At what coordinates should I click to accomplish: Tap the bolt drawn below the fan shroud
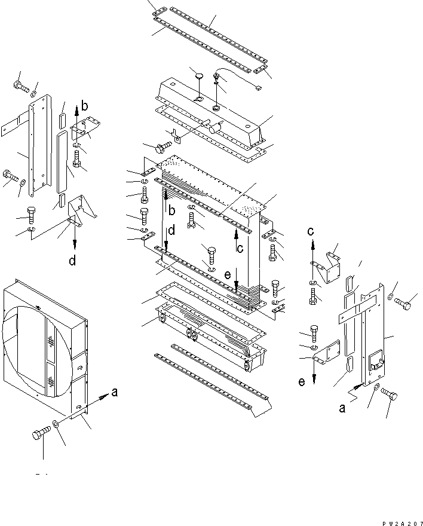[39, 435]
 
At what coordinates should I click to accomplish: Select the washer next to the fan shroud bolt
[56, 424]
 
